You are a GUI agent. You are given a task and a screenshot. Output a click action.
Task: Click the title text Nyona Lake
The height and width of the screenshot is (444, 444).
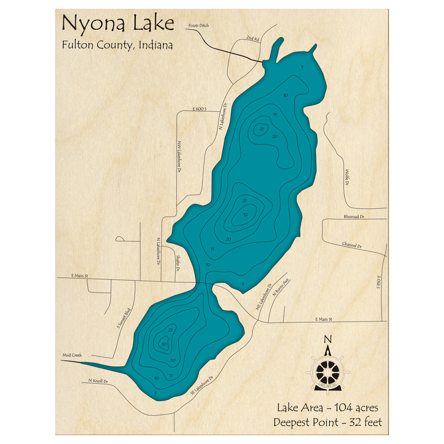[118, 24]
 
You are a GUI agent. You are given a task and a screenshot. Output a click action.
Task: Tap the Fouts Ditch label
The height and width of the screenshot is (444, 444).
[198, 26]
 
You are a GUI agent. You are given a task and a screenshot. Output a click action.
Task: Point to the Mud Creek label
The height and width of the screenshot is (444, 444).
[72, 355]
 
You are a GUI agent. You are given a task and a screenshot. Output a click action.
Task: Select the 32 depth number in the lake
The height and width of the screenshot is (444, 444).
[245, 215]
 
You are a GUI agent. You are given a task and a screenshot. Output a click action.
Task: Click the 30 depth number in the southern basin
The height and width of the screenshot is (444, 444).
[164, 345]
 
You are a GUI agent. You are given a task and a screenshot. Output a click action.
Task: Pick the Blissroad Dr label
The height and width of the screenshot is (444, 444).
[354, 216]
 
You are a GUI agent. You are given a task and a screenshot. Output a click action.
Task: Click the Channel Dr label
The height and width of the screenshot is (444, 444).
[352, 245]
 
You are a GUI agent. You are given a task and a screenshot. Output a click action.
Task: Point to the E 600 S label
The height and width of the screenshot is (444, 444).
[200, 109]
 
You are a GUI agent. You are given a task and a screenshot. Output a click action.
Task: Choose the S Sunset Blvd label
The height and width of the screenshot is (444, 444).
[125, 318]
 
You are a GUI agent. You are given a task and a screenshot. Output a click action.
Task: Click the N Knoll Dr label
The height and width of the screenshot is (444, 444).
[98, 381]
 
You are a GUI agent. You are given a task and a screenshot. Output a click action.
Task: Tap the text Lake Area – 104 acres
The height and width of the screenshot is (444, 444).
[327, 408]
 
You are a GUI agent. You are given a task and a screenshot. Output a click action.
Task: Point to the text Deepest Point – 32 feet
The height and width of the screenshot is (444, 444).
[327, 422]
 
